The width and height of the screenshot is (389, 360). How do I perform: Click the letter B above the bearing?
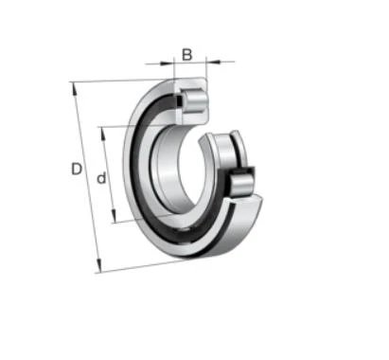[186, 55]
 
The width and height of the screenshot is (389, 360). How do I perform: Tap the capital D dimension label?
[77, 169]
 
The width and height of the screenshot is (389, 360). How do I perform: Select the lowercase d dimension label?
[101, 178]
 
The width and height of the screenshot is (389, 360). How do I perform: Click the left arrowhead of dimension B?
[167, 63]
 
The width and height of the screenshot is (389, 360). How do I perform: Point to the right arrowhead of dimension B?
[213, 62]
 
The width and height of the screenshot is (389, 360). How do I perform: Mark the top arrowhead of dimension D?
[75, 89]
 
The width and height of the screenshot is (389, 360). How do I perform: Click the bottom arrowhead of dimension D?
[99, 265]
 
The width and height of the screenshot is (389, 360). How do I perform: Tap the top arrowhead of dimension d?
[102, 135]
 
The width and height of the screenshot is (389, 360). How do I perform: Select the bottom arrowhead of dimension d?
[115, 216]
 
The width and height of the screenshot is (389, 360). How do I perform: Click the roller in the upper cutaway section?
[195, 101]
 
